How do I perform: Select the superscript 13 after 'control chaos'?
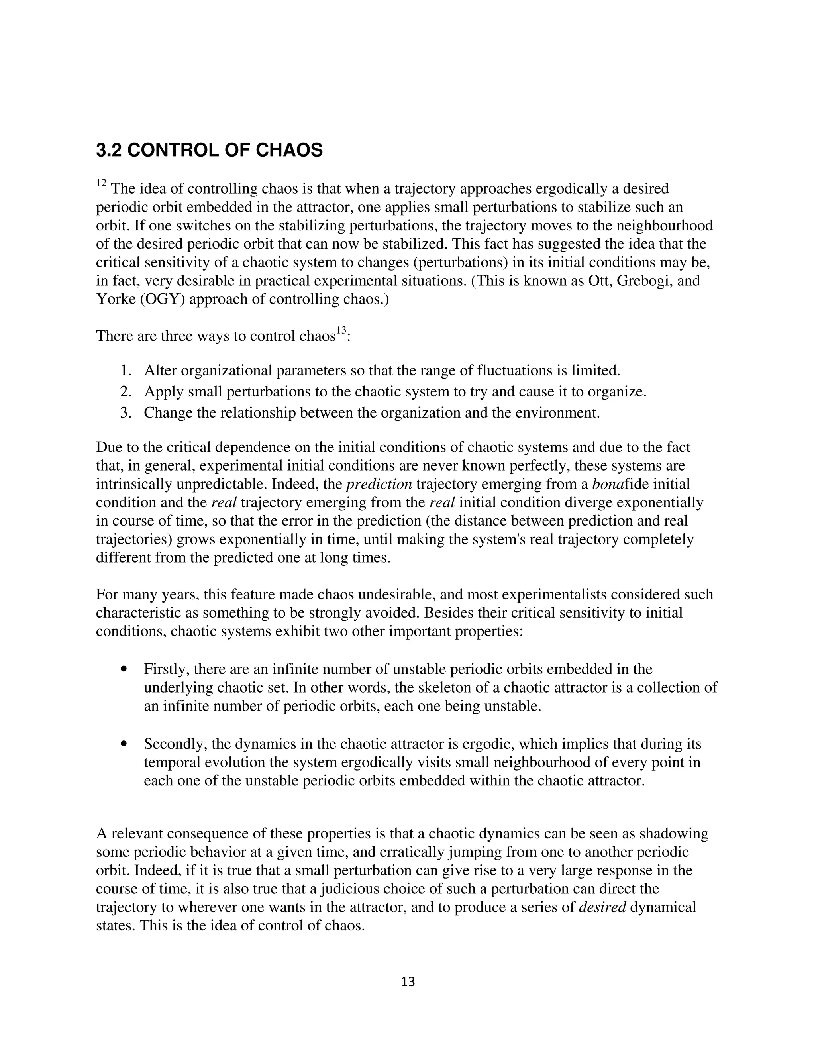[341, 331]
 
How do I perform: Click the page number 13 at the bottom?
[408, 982]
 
